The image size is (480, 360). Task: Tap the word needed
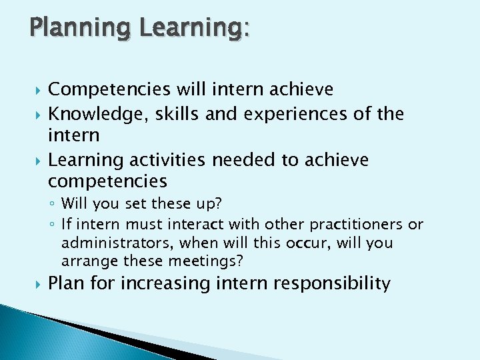tap(237, 160)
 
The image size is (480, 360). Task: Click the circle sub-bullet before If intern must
tap(53, 225)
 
